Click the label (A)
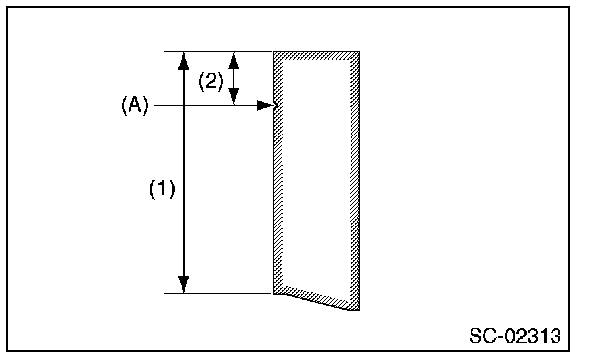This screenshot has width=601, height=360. [x=134, y=105]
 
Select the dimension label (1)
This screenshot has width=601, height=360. [x=162, y=189]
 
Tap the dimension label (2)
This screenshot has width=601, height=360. [x=211, y=81]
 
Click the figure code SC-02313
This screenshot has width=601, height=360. [x=515, y=336]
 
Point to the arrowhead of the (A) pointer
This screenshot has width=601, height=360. [x=267, y=105]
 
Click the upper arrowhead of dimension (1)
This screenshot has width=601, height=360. [x=184, y=61]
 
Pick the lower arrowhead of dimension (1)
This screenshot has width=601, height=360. [x=184, y=284]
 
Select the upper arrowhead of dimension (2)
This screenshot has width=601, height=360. [x=234, y=60]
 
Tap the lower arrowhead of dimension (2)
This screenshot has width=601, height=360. [x=234, y=96]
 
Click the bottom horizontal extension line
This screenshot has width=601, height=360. [x=217, y=294]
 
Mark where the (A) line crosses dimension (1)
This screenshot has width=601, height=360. [x=184, y=105]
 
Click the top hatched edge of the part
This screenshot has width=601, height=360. [x=316, y=56]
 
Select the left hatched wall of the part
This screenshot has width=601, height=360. [x=278, y=172]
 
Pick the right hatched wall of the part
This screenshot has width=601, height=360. [x=355, y=180]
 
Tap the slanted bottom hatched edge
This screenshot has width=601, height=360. [x=316, y=298]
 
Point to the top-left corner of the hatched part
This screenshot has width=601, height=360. [x=273, y=51]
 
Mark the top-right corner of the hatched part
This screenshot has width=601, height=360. [x=359, y=51]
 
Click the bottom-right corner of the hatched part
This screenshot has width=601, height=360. [x=359, y=310]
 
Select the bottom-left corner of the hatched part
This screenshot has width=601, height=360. [x=273, y=294]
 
